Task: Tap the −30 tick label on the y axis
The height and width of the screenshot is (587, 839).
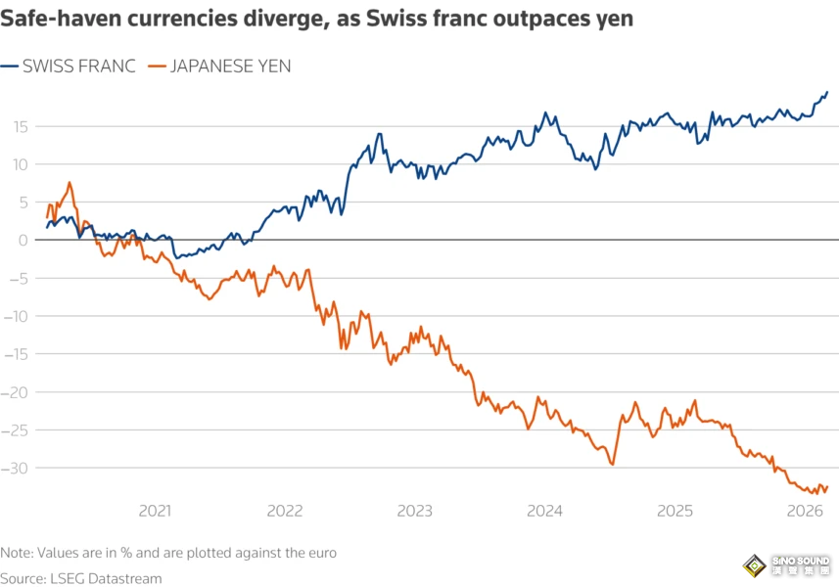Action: [16, 468]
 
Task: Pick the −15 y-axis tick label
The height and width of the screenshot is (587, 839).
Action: [16, 354]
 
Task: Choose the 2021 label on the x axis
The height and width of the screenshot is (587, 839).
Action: [155, 511]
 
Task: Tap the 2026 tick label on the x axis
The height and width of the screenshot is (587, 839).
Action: [804, 511]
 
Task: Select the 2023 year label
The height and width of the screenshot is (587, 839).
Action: [414, 511]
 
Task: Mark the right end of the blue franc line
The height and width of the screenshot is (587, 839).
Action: [827, 93]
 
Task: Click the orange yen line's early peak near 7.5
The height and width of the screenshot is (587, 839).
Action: [70, 183]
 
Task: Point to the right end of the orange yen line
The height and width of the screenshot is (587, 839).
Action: [827, 486]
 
